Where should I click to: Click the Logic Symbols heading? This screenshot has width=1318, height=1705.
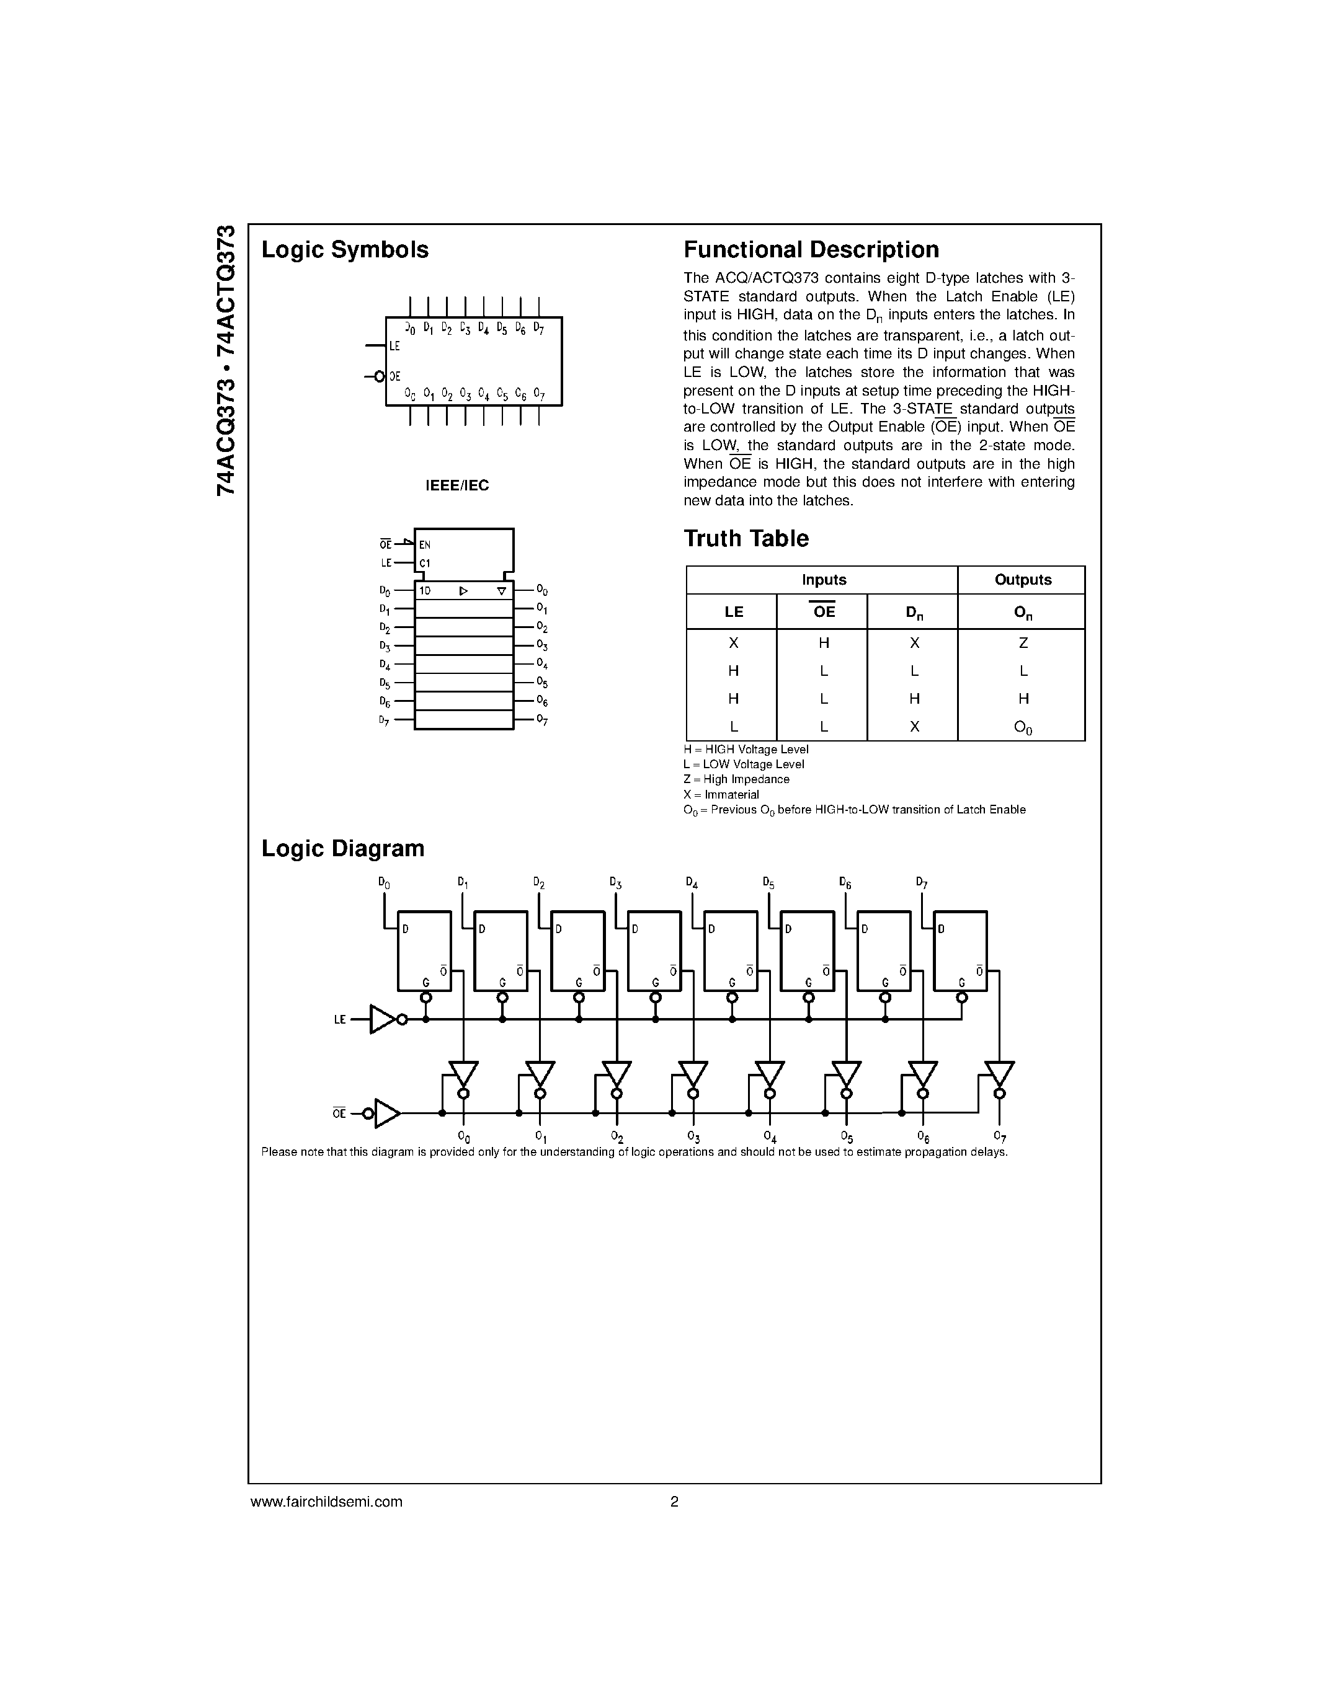coord(344,250)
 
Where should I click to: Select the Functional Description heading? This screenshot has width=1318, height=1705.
coord(811,250)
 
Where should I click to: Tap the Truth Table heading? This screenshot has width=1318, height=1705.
coord(746,539)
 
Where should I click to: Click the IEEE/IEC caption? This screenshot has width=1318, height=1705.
coord(456,485)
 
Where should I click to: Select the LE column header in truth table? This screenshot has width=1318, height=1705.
coord(733,612)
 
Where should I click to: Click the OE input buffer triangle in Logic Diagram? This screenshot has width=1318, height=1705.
coord(386,1114)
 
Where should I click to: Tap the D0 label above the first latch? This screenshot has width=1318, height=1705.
coord(384,883)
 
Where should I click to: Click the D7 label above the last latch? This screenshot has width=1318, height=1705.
coord(921,883)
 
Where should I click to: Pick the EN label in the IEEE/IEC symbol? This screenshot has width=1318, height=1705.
coord(425,546)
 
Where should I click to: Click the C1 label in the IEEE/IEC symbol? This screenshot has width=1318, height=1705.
coord(425,564)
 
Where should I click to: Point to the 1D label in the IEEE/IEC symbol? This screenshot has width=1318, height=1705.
coord(425,591)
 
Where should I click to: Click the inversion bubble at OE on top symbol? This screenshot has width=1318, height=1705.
coord(380,377)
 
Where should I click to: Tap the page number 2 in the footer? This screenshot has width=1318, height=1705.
coord(674,1501)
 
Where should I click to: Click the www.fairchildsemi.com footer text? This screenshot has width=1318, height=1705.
coord(326,1501)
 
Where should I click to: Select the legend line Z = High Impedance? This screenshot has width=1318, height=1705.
coord(736,779)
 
